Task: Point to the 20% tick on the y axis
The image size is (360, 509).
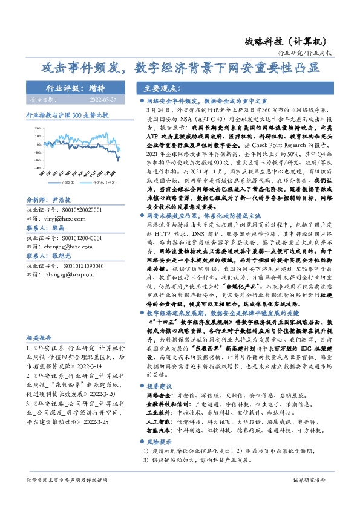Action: tap(38, 128)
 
